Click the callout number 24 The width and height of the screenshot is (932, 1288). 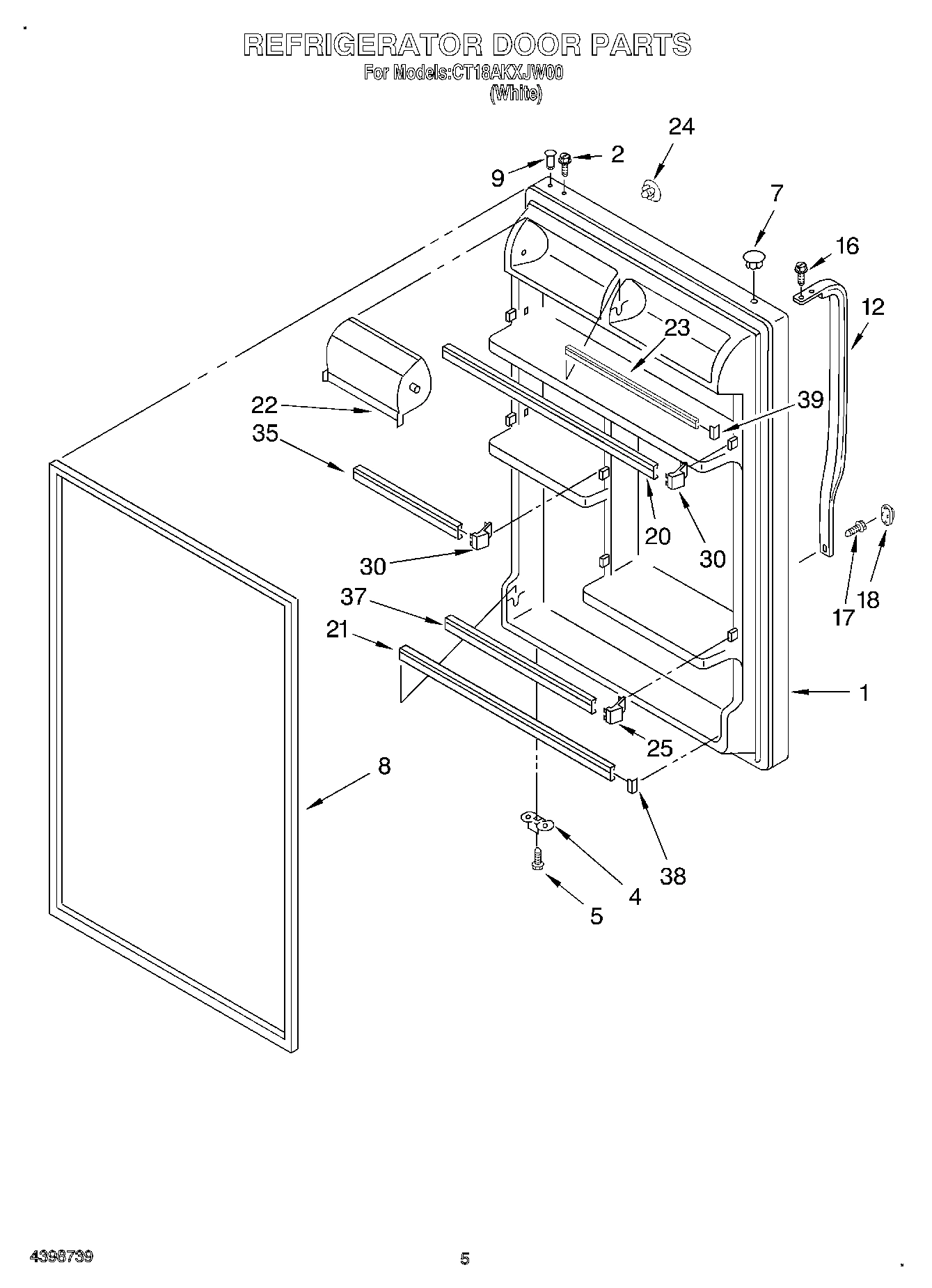(x=681, y=127)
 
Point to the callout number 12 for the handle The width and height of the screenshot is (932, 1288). (x=872, y=307)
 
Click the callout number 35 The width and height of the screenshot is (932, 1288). (x=265, y=433)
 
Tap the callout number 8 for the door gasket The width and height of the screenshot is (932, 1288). (x=384, y=766)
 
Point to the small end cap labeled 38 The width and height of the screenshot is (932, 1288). (x=633, y=785)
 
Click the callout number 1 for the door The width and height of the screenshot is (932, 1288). (x=863, y=692)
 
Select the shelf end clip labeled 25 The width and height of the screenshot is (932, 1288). (x=614, y=712)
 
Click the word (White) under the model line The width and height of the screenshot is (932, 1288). (x=515, y=94)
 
